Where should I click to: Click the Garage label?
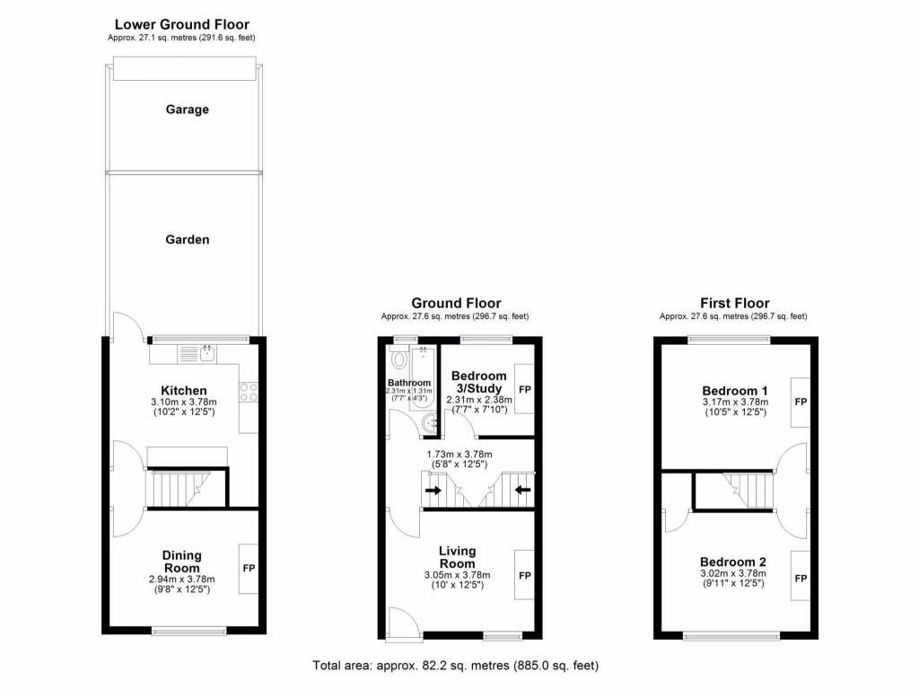(x=187, y=110)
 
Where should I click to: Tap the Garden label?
(x=187, y=240)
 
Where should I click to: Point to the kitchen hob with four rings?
(x=249, y=392)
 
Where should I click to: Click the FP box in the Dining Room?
(x=249, y=569)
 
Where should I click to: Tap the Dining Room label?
(x=181, y=562)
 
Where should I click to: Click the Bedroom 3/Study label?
(x=478, y=382)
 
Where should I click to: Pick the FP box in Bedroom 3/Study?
(x=524, y=390)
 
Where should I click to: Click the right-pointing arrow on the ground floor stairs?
(x=433, y=491)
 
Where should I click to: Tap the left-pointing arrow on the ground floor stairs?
(x=523, y=491)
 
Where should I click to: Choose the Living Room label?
(x=458, y=557)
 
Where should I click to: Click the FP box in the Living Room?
(x=525, y=575)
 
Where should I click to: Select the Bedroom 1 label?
(x=730, y=391)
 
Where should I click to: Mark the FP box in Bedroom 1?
(x=800, y=402)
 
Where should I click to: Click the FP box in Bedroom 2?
(x=800, y=577)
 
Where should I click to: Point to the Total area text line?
(x=455, y=666)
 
